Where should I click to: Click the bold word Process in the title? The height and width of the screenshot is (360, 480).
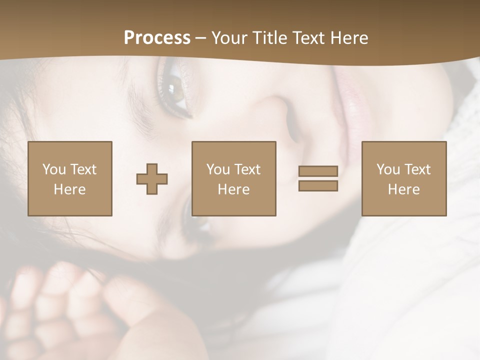[157, 37]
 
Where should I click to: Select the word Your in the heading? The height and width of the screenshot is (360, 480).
[229, 37]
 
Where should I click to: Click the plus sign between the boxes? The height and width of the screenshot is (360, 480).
[152, 179]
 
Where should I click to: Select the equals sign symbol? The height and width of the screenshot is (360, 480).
[318, 178]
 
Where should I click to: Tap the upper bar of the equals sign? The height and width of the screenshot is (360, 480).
[318, 171]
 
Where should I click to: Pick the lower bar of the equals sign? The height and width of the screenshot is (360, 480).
[318, 186]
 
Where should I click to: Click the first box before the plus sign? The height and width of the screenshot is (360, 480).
[69, 178]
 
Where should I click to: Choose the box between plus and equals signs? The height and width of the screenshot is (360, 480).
[233, 178]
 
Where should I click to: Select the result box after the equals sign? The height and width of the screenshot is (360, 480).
[403, 178]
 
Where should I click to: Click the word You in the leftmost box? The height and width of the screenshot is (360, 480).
[54, 169]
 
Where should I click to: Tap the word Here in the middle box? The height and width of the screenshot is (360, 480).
[233, 189]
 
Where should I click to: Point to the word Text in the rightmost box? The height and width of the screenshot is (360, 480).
[417, 169]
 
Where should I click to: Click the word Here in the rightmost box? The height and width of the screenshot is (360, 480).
[403, 189]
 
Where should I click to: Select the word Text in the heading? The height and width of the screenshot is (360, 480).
[308, 37]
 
